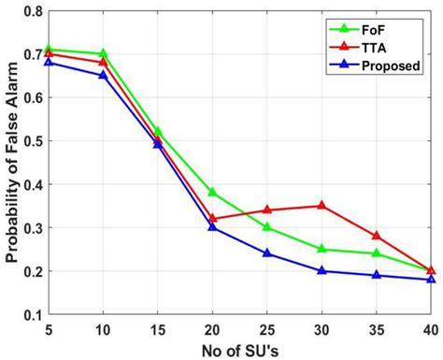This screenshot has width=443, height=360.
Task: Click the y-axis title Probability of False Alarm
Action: point(12,164)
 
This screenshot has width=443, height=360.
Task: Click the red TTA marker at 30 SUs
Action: point(322,205)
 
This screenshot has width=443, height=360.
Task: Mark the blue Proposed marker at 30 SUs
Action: point(322,270)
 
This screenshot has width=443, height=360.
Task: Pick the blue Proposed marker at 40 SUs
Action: point(431,279)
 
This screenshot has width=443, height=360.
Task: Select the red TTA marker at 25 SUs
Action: point(267,209)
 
